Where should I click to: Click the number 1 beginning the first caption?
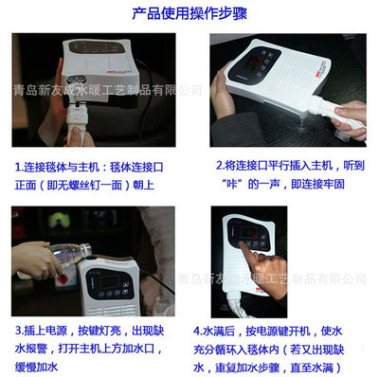tap(18, 168)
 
